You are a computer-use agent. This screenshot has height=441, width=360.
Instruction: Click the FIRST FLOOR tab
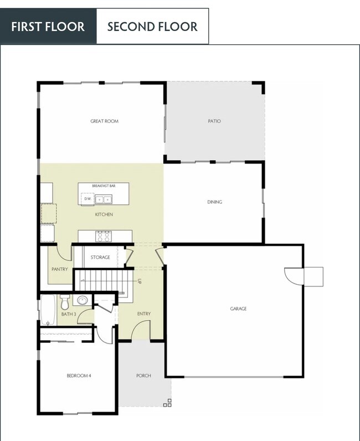tap(48, 26)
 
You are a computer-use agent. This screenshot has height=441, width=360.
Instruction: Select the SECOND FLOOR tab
tap(152, 26)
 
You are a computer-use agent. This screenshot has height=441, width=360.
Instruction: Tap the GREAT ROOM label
tap(104, 121)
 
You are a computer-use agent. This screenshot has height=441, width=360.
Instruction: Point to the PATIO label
tap(214, 121)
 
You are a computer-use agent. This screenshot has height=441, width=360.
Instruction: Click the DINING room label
tap(214, 202)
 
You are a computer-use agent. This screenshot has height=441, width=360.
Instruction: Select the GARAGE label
tap(238, 309)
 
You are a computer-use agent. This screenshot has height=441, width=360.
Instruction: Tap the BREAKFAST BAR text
tap(104, 186)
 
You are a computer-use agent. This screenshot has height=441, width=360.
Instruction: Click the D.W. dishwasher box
tap(88, 198)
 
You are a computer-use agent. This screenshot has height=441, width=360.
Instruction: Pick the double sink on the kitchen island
tap(104, 199)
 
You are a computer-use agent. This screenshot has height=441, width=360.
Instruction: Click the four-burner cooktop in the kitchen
tap(104, 236)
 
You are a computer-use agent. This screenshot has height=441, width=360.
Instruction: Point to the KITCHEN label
tap(104, 214)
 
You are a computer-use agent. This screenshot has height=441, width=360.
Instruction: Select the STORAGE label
tap(100, 257)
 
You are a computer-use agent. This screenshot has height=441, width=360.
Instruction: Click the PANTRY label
tap(59, 269)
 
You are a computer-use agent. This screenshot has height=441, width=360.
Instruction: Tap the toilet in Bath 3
tap(65, 302)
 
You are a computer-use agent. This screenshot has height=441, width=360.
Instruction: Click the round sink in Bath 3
tap(83, 301)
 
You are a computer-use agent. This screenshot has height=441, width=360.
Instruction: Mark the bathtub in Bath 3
tap(47, 310)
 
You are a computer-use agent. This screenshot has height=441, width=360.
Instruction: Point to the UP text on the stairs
tap(141, 281)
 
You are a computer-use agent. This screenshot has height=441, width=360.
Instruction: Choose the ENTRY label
tap(143, 314)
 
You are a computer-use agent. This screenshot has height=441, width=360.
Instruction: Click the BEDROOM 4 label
tap(79, 376)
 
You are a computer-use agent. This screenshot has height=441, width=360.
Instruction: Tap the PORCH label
tap(143, 376)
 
